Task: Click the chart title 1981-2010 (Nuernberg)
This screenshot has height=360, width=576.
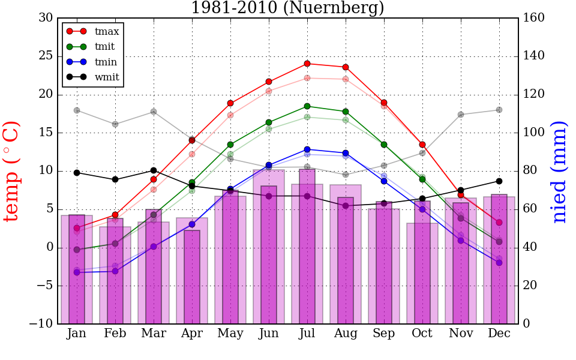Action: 287,8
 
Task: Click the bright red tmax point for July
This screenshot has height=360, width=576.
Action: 307,64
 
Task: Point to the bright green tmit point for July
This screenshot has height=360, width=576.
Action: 307,106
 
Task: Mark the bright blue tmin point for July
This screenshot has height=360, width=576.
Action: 307,149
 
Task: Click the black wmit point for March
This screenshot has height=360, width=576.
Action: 154,170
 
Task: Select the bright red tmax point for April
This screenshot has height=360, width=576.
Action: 192,140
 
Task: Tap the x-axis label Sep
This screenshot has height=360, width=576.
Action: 384,334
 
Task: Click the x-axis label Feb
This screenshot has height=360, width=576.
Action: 115,334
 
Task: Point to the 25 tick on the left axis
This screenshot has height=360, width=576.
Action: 46,56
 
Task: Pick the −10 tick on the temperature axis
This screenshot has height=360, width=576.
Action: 41,324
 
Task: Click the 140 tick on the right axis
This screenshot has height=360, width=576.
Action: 534,56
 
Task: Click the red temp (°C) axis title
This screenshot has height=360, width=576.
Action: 12,171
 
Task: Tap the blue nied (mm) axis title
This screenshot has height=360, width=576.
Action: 559,172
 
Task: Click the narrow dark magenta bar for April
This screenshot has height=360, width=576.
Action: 192,277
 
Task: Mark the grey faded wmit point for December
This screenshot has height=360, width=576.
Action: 499,110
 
